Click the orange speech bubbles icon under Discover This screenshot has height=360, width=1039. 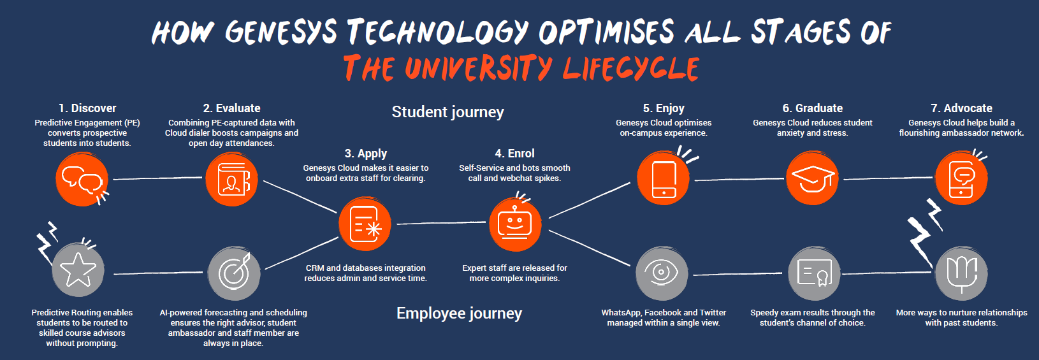82,179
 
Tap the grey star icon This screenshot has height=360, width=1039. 78,270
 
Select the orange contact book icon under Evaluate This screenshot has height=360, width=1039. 231,179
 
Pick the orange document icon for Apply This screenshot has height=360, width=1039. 365,224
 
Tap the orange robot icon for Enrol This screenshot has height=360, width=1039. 515,224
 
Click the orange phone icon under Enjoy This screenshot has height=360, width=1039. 664,179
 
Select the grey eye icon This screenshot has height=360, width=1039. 662,273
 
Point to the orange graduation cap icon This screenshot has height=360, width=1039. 812,178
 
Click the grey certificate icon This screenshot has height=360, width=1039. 814,273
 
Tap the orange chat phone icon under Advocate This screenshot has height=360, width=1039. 961,178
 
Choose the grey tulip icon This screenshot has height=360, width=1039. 961,273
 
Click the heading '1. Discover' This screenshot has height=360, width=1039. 87,108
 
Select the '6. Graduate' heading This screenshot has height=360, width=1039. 812,108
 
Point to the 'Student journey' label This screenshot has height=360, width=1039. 447,112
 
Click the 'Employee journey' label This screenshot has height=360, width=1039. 459,313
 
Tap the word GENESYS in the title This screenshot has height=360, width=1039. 280,32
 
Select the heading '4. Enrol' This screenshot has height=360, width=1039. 514,154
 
